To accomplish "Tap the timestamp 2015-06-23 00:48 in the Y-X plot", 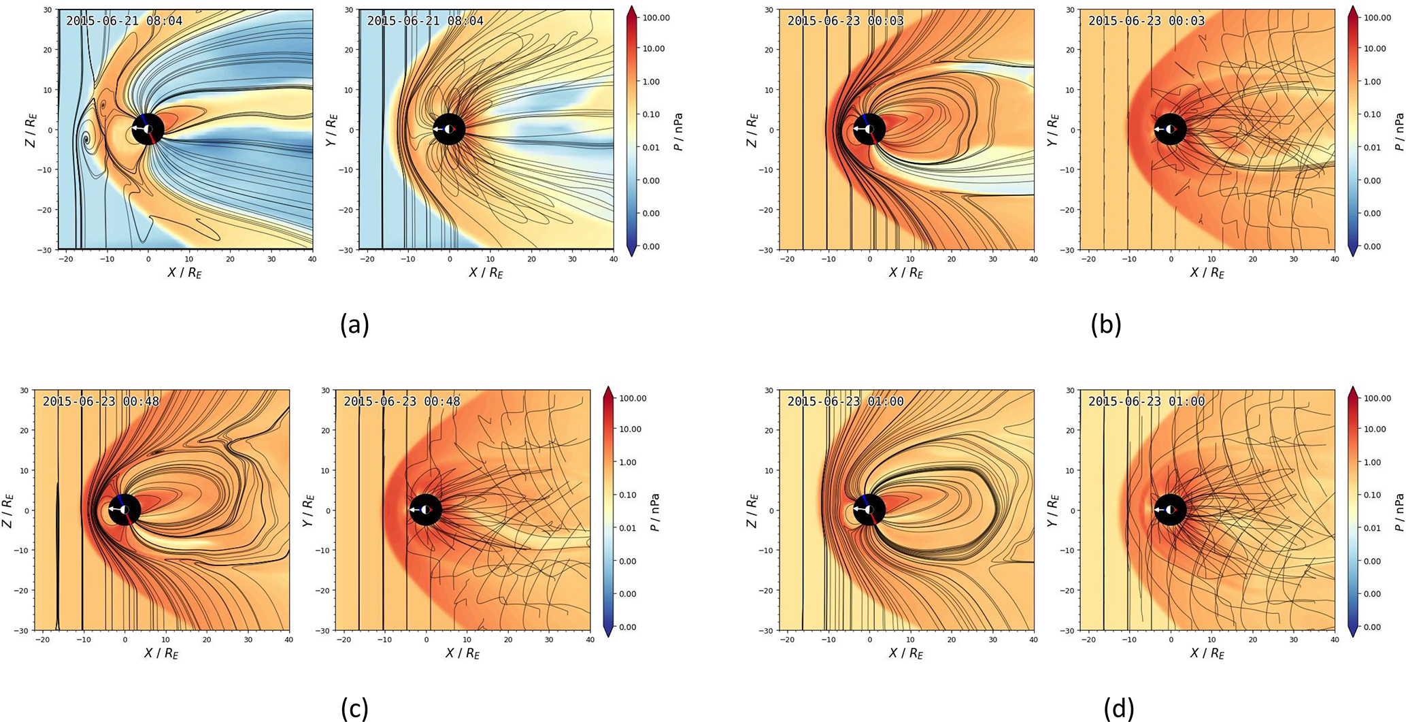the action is (401, 401).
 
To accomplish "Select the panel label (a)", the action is (354, 325).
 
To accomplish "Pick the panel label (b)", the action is (1105, 325).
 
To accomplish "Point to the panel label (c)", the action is (354, 708).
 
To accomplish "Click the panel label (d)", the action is (1119, 708).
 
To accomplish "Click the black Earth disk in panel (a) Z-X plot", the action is (148, 129).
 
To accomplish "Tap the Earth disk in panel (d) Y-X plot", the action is (1171, 510).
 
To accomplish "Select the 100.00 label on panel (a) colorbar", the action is (656, 17).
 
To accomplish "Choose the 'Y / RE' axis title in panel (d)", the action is (1053, 510).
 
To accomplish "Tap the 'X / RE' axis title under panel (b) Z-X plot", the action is (903, 273).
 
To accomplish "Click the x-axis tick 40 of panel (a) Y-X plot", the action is (613, 260).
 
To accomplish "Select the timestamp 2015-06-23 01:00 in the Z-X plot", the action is (846, 401).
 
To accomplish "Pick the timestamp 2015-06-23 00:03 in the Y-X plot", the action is (1146, 21).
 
